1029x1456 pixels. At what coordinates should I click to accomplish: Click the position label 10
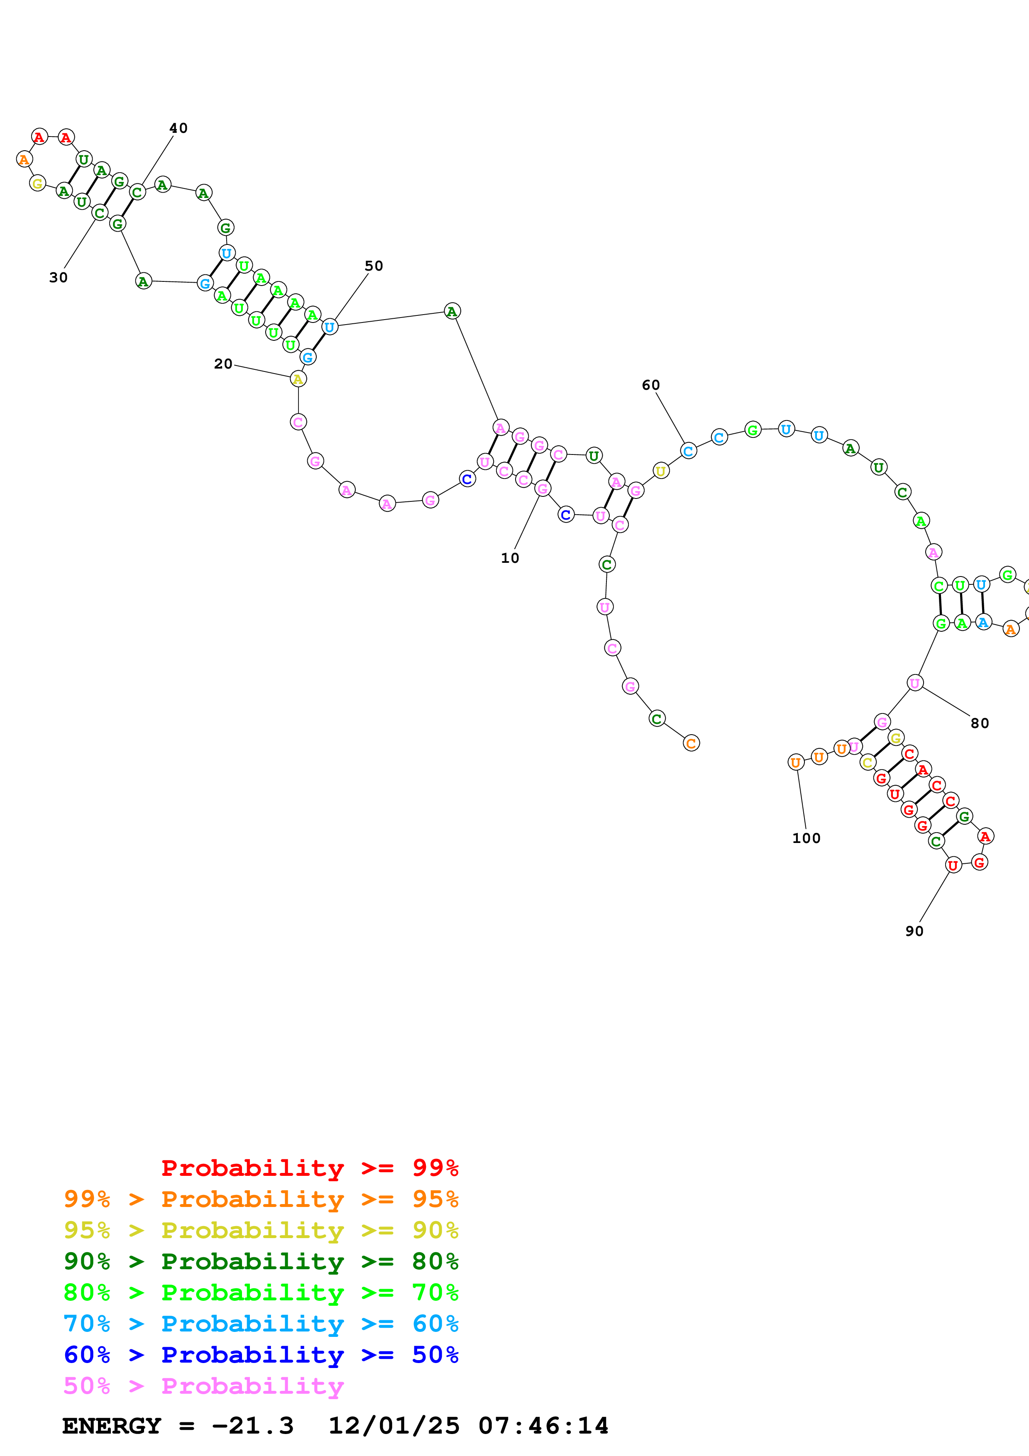coord(510,558)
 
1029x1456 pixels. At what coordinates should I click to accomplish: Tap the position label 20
coord(223,364)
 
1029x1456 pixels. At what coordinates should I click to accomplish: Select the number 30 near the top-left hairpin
coord(59,278)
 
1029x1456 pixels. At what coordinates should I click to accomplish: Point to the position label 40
coord(178,128)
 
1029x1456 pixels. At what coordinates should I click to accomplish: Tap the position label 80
coord(980,723)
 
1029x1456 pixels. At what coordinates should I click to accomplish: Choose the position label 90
coord(914,931)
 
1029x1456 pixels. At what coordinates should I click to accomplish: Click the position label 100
coord(806,838)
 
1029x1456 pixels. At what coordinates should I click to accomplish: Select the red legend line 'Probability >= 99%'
coord(309,1168)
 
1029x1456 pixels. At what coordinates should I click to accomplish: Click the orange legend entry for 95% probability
coord(261,1199)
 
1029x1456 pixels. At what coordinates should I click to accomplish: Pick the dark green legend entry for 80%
coord(261,1261)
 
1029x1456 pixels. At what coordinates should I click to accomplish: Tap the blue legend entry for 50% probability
coord(261,1355)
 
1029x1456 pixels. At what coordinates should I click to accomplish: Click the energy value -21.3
coord(252,1426)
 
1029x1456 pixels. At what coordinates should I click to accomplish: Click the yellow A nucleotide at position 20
coord(298,379)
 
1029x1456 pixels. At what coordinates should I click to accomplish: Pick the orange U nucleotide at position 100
coord(796,762)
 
